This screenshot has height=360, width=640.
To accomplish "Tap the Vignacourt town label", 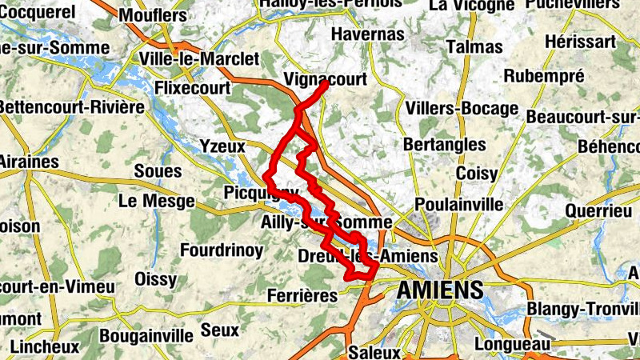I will (x=325, y=78).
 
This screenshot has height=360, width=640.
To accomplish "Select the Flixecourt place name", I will (x=193, y=86).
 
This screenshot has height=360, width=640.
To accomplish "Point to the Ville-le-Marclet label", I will (x=198, y=59).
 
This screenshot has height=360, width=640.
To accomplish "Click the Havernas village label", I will (x=367, y=35).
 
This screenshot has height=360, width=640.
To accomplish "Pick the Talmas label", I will (x=474, y=46).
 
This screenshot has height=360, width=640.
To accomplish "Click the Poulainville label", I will (x=459, y=203).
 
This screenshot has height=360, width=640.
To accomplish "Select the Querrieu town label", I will (x=598, y=210).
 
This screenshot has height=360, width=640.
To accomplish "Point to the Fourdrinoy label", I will (x=222, y=250).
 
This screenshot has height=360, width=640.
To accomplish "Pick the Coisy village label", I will (x=477, y=174).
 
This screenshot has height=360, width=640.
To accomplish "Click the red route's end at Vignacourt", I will (x=325, y=84).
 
